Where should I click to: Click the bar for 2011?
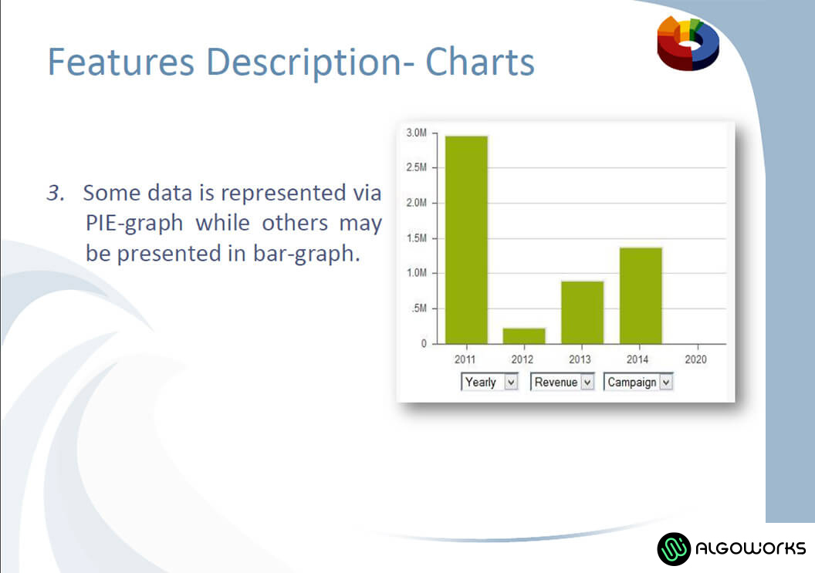click(466, 240)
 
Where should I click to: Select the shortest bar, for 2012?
click(524, 336)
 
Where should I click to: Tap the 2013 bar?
click(582, 313)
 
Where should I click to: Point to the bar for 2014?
click(641, 296)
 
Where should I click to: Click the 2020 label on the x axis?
click(695, 359)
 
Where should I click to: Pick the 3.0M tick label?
click(416, 133)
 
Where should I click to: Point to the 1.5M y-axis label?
click(416, 238)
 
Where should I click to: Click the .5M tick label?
click(419, 308)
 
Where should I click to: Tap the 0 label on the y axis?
click(424, 343)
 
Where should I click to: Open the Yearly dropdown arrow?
click(511, 383)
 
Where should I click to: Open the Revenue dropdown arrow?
click(587, 383)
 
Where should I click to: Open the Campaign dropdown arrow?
click(666, 383)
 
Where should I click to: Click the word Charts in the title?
click(480, 62)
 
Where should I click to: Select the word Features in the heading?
click(121, 62)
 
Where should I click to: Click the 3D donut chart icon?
click(688, 42)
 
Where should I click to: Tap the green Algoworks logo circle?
click(674, 548)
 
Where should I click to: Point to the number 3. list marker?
click(56, 193)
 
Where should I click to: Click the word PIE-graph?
click(134, 224)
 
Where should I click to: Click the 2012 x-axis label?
click(522, 359)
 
